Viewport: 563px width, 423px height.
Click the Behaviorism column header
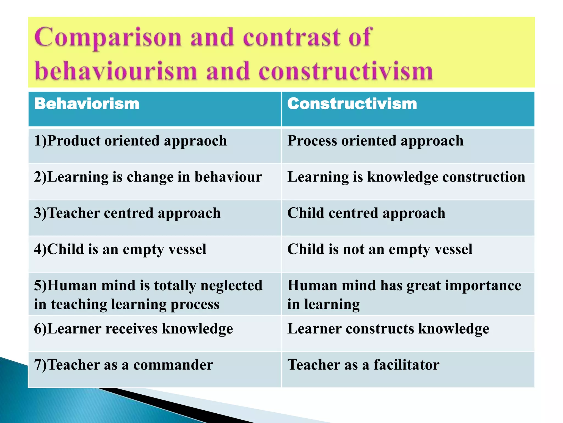(x=87, y=104)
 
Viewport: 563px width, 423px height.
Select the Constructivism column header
(x=352, y=104)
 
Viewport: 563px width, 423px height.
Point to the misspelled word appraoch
(x=195, y=141)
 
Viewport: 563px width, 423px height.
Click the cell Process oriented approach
(x=375, y=141)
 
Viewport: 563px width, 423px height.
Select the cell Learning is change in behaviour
(x=148, y=177)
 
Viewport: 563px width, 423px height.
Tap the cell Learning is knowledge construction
(x=406, y=177)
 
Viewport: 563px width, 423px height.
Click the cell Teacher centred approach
(x=127, y=213)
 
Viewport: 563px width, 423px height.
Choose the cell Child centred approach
(x=366, y=213)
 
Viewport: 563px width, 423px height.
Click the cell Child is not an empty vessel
(x=380, y=250)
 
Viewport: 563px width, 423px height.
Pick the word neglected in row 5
(x=231, y=286)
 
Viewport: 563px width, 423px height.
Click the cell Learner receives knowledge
(x=134, y=329)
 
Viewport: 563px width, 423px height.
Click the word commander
(x=173, y=365)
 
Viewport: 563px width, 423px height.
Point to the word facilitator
(x=406, y=365)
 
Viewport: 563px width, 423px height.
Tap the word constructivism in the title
(x=346, y=71)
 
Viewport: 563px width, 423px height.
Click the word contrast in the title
(x=291, y=38)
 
